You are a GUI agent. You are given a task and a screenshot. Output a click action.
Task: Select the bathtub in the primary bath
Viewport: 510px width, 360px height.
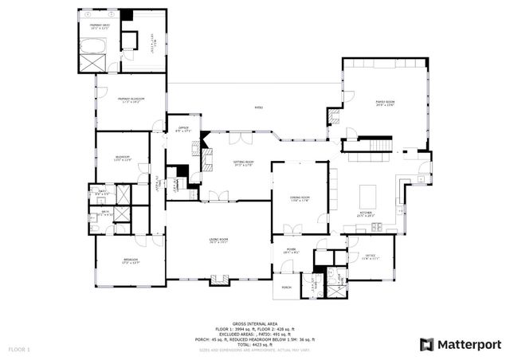(x=93, y=61)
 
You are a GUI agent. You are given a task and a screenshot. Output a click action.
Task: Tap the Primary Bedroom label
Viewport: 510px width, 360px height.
(x=131, y=100)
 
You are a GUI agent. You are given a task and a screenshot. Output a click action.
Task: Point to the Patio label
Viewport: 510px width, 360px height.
(x=258, y=108)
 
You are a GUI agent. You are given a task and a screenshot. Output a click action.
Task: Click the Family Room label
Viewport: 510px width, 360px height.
(x=386, y=103)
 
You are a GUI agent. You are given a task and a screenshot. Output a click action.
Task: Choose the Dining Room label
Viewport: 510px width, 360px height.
(x=300, y=198)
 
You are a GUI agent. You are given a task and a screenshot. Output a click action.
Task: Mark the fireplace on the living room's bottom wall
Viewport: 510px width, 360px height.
(x=218, y=280)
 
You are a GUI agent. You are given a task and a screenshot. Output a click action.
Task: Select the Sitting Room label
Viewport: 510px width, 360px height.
(x=243, y=165)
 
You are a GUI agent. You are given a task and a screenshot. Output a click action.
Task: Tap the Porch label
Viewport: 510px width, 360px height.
(x=285, y=288)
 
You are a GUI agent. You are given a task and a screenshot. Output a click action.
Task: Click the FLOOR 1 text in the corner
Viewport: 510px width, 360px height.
(x=19, y=350)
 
